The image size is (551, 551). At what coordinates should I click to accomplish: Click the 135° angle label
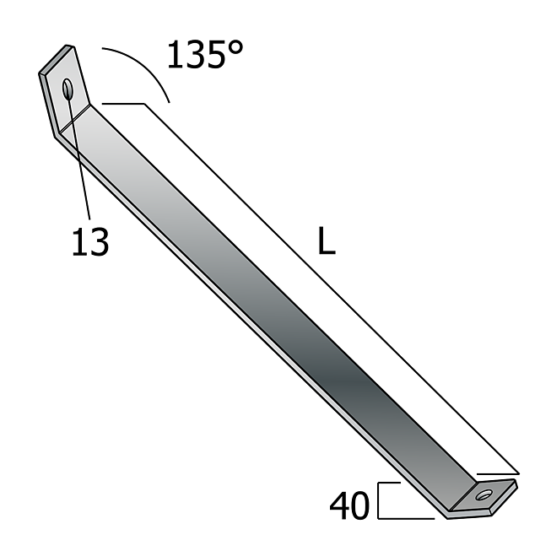pyautogui.click(x=205, y=54)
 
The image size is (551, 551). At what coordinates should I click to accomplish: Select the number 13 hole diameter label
pyautogui.click(x=90, y=241)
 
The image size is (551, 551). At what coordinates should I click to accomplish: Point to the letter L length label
pyautogui.click(x=327, y=240)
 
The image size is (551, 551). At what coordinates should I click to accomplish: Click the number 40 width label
pyautogui.click(x=349, y=505)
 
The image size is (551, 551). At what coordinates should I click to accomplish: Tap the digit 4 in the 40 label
pyautogui.click(x=339, y=505)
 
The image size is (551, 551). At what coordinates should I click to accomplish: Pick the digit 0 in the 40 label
pyautogui.click(x=360, y=505)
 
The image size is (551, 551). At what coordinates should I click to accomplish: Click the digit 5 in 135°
pyautogui.click(x=214, y=55)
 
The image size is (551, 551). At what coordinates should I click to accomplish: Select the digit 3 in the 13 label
pyautogui.click(x=99, y=241)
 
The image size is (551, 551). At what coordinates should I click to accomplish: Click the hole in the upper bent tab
pyautogui.click(x=68, y=89)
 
